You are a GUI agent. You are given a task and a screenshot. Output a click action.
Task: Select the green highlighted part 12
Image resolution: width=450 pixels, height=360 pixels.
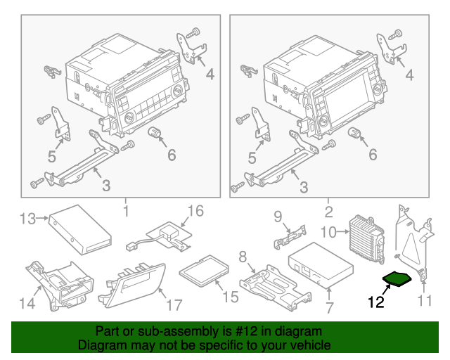tap(398, 280)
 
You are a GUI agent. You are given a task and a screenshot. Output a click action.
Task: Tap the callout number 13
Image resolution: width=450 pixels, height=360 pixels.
tap(27, 220)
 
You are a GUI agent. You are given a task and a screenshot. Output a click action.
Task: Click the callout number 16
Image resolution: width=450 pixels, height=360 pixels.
tap(195, 211)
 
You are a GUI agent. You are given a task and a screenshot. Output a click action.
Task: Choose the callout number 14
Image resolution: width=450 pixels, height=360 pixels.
tap(27, 304)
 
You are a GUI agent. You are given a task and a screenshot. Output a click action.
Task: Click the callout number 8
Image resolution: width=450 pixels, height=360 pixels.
tap(243, 256)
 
